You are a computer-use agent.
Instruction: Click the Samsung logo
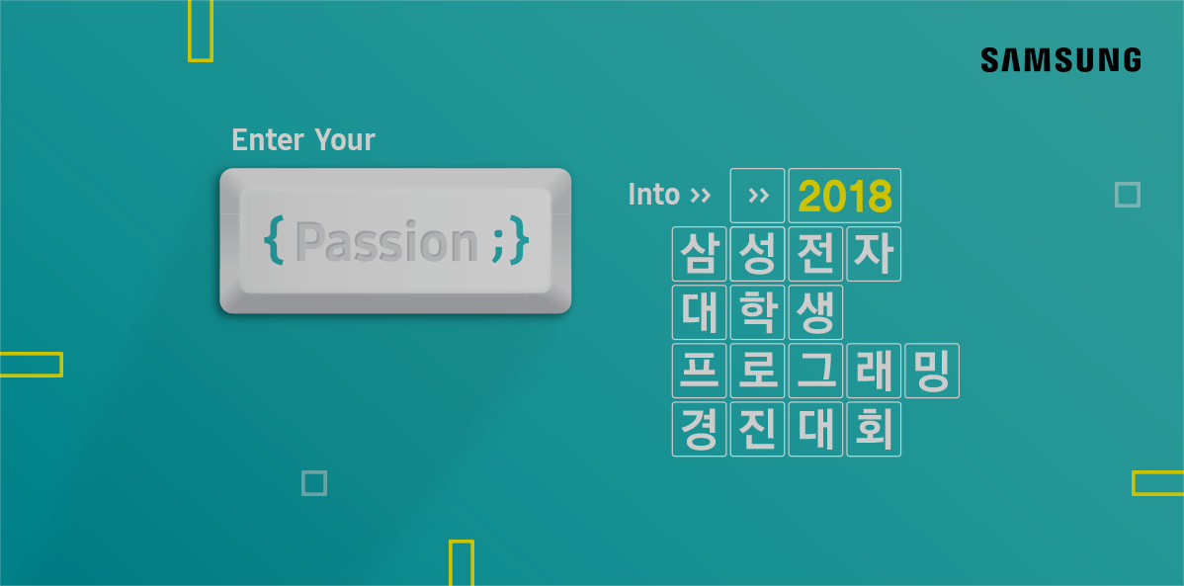pos(1060,59)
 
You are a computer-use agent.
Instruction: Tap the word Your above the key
pos(344,139)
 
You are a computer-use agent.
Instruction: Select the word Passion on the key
pos(386,242)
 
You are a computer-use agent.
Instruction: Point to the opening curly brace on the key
pos(274,241)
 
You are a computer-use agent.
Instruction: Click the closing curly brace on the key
pos(520,241)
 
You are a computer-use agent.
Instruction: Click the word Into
pos(654,195)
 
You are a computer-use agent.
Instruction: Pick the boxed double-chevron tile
pos(757,196)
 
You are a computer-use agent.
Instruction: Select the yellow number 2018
pos(845,197)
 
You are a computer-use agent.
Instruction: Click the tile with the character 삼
pos(699,254)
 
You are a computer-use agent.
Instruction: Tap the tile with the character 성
pos(757,254)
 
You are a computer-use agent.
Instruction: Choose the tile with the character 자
pos(874,254)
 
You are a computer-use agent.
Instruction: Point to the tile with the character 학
pos(757,312)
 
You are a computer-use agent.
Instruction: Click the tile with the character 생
pos(815,312)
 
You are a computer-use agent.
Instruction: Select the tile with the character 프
pos(699,370)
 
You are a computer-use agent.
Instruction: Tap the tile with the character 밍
pos(932,370)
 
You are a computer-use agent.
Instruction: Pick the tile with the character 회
pos(874,429)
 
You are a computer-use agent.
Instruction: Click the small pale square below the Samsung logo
pos(1128,195)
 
